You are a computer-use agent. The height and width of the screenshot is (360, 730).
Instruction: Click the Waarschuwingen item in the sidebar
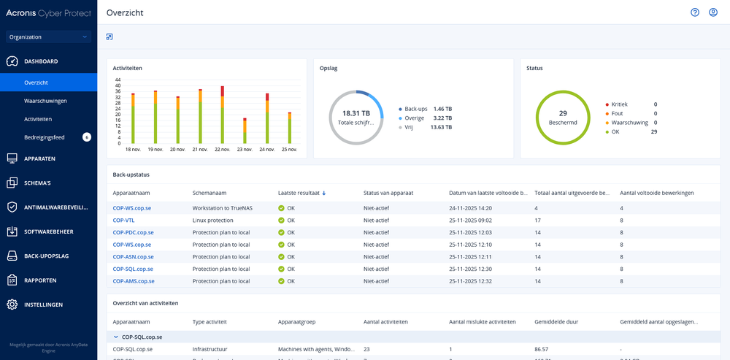tap(45, 101)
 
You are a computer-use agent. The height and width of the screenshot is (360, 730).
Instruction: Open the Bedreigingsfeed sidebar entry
tap(45, 137)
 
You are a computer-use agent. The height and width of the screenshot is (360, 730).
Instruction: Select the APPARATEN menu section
tap(39, 158)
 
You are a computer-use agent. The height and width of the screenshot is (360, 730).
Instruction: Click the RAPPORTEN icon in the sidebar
tap(12, 280)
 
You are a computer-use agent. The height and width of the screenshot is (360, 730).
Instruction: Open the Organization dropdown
tap(48, 37)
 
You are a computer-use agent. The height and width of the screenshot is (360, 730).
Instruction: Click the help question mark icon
tap(695, 12)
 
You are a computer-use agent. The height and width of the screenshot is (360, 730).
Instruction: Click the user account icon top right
tap(713, 12)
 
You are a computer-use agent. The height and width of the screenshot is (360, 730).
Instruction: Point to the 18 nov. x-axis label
tap(133, 149)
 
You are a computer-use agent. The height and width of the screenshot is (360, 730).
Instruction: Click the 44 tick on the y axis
tap(118, 80)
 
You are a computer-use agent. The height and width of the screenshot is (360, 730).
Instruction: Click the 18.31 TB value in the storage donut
tap(356, 113)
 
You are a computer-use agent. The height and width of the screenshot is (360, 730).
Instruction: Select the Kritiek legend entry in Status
tap(618, 104)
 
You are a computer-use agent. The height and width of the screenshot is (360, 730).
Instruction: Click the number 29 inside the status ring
tap(563, 113)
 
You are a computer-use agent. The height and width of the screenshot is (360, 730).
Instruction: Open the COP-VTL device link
tap(123, 220)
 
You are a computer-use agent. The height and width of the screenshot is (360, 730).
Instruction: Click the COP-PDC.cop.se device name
tap(133, 232)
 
